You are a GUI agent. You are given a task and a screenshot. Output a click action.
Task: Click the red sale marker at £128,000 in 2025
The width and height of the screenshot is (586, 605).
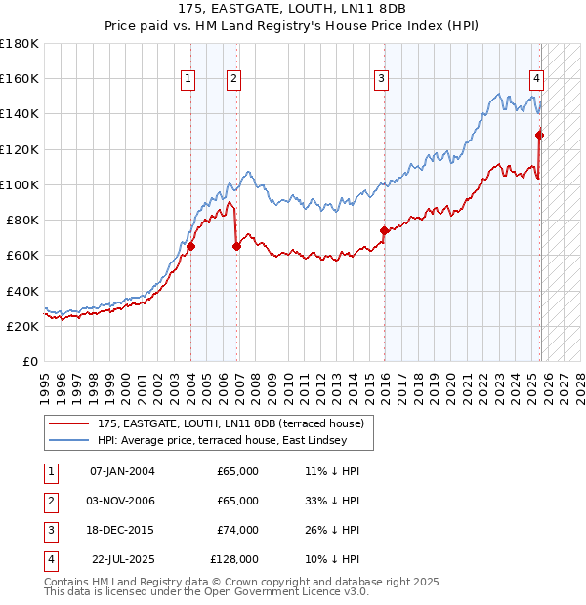pyautogui.click(x=539, y=136)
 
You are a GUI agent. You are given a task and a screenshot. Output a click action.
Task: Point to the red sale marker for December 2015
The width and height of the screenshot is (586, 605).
pyautogui.click(x=384, y=230)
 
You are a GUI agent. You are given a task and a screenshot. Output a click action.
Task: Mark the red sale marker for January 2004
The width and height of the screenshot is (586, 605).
pyautogui.click(x=190, y=247)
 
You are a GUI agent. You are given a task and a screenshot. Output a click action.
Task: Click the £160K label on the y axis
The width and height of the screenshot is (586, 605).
pyautogui.click(x=20, y=79)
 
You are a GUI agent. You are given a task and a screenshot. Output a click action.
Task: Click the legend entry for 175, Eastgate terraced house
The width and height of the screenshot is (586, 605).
pyautogui.click(x=230, y=423)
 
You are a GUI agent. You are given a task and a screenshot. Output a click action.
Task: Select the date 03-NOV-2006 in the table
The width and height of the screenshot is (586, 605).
pyautogui.click(x=122, y=501)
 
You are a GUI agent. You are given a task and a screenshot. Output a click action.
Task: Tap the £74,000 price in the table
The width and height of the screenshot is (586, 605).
pyautogui.click(x=237, y=530)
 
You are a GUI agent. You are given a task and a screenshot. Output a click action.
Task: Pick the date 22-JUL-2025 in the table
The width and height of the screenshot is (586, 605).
pyautogui.click(x=122, y=559)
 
